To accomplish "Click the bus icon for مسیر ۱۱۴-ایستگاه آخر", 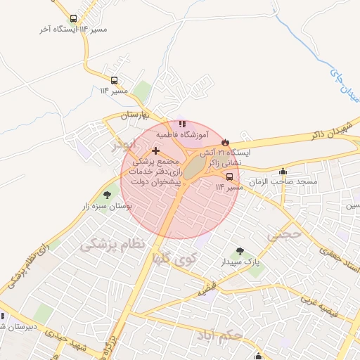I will pos(74,18).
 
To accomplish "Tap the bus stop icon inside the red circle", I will pos(229,176).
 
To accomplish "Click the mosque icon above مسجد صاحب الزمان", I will pos(283,171).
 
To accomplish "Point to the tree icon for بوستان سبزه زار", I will pos(107,195).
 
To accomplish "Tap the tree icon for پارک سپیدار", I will pos(241,251).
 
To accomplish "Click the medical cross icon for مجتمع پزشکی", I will pos(155,150).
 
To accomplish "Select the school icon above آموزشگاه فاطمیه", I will pos(182,124).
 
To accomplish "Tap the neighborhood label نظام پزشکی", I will pos(112,244).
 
